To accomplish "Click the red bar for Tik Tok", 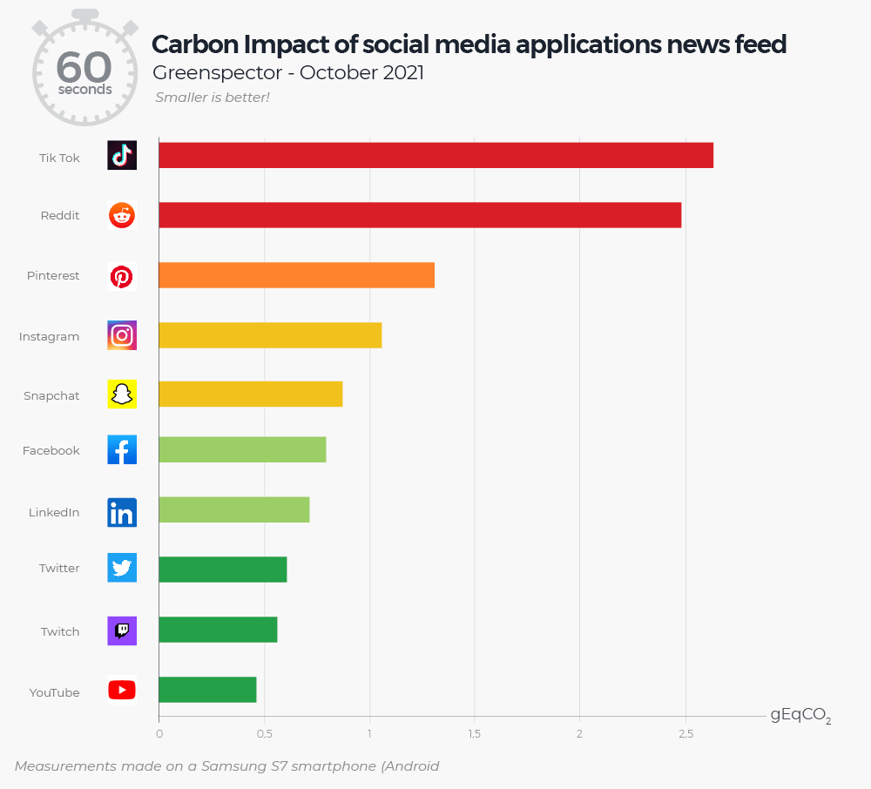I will tap(435, 155).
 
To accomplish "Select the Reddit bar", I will tap(420, 215).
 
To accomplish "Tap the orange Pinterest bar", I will tap(296, 275).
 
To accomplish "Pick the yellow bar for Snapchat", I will tap(250, 394).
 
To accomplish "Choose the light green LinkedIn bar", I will tap(233, 509).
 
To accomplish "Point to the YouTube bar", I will tap(207, 690).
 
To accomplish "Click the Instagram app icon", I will tap(122, 335).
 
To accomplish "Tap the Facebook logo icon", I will tap(122, 450).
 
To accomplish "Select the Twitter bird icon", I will tap(122, 568).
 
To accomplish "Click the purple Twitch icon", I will tap(122, 631).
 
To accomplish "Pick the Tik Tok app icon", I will tap(122, 155).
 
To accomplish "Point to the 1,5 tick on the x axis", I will tap(474, 734).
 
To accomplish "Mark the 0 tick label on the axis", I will tap(159, 734).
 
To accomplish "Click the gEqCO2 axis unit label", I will tap(800, 716).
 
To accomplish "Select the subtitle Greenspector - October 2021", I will tap(288, 72).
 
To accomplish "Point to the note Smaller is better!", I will tap(213, 98).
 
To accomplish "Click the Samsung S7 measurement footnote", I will tap(226, 766).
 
